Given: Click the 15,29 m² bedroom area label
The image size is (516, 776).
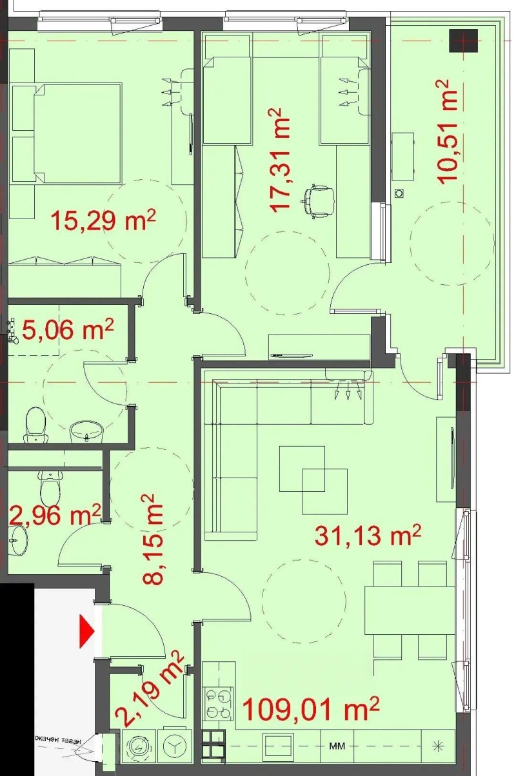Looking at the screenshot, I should pyautogui.click(x=103, y=221).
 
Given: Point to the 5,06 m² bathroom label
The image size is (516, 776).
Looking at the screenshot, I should pyautogui.click(x=68, y=331).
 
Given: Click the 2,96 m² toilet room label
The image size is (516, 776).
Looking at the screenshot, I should pyautogui.click(x=55, y=515).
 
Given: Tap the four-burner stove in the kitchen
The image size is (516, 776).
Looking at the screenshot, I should pyautogui.click(x=218, y=703).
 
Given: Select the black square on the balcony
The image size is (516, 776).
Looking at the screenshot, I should pyautogui.click(x=464, y=40).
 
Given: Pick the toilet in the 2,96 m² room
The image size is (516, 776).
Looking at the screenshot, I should pyautogui.click(x=50, y=488).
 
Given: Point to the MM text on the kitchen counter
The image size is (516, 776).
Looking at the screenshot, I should pyautogui.click(x=336, y=746).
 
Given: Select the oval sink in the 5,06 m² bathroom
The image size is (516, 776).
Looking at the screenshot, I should pyautogui.click(x=87, y=430).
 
